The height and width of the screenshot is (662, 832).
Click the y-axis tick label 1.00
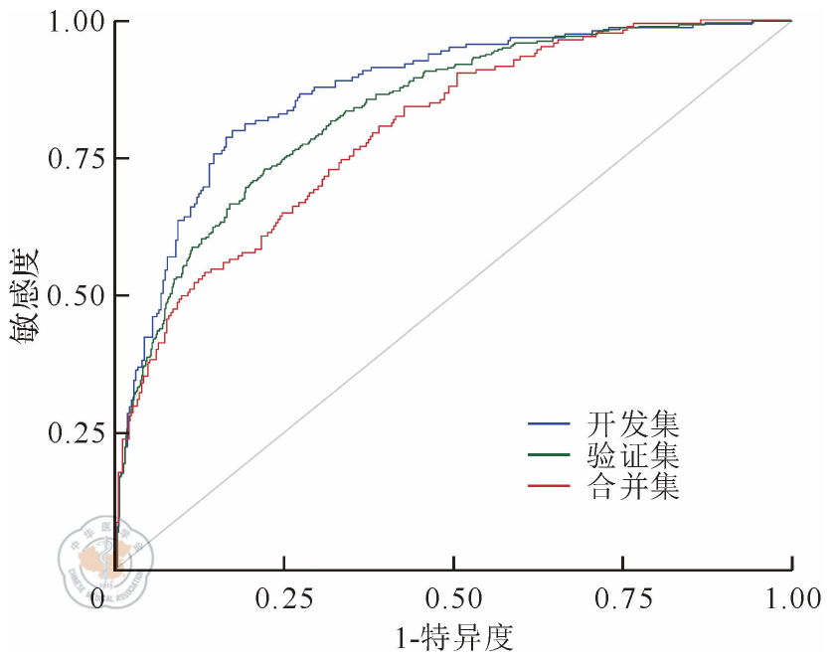tap(74, 21)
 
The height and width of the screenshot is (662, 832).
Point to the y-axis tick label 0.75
tap(74, 158)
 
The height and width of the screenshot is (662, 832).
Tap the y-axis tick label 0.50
tap(74, 295)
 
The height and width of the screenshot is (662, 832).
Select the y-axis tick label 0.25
tap(74, 433)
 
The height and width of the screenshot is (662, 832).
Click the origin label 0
tap(97, 599)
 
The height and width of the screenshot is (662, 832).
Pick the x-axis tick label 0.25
tap(283, 599)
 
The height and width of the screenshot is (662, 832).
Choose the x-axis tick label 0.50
tap(453, 599)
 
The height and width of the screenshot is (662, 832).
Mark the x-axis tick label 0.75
tap(622, 599)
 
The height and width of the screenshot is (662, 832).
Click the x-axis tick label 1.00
tap(792, 599)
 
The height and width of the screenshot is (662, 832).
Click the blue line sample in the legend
tap(550, 424)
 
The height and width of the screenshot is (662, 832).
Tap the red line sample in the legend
tap(550, 487)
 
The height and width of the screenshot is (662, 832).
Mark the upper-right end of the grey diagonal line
tap(791, 21)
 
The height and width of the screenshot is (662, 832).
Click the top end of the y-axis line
tap(114, 21)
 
